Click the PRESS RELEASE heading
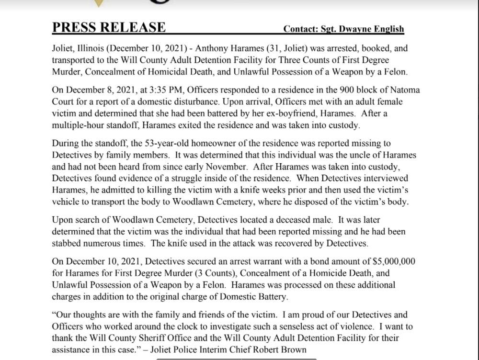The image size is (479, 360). (x=109, y=27)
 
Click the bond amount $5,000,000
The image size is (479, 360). (x=394, y=261)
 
